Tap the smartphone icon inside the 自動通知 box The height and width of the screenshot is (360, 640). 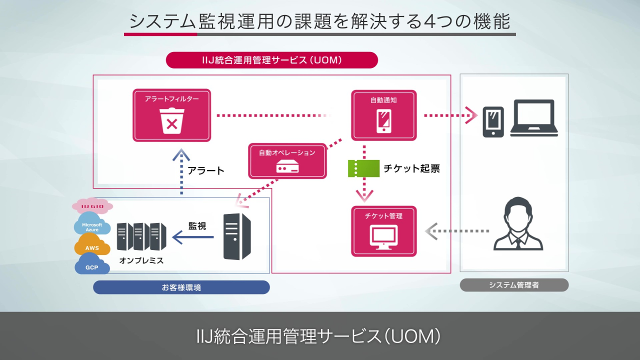(x=383, y=120)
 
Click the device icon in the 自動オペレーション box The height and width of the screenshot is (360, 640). (x=287, y=167)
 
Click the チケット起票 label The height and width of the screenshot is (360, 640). (x=411, y=168)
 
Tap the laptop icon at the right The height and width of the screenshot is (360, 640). (x=534, y=118)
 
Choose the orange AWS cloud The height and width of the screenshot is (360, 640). (x=92, y=247)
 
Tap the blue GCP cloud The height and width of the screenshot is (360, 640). (x=92, y=266)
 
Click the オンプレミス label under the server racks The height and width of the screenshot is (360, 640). (x=141, y=260)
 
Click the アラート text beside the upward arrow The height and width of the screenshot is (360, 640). (x=206, y=170)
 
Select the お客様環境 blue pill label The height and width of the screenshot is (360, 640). (x=181, y=287)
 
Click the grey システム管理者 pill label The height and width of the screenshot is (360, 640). (x=514, y=285)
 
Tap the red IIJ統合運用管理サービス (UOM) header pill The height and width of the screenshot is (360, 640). (x=271, y=60)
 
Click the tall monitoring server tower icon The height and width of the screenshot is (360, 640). (x=237, y=236)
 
